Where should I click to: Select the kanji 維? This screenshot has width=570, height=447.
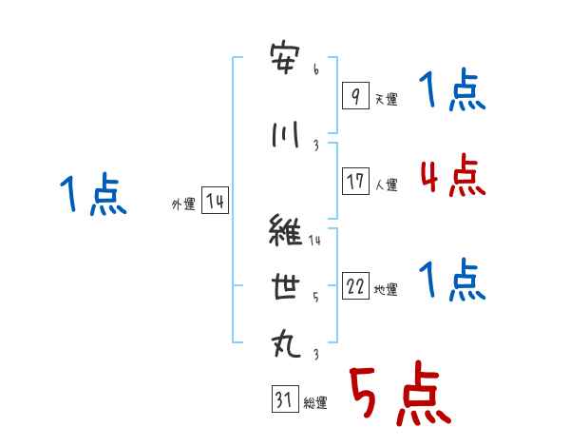(x=288, y=232)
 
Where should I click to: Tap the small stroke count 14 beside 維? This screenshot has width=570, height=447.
(x=315, y=241)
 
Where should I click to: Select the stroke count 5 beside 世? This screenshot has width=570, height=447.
(x=315, y=297)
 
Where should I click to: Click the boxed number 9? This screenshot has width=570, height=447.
(x=355, y=96)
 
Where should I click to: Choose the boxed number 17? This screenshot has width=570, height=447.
(x=355, y=182)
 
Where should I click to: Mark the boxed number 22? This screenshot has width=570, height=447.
(x=355, y=287)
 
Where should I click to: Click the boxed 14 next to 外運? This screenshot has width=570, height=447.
(x=215, y=201)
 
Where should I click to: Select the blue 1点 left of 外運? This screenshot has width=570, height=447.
(x=92, y=196)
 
